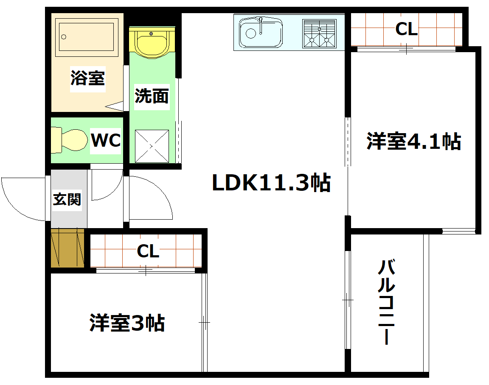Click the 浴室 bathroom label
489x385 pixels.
(x=87, y=78)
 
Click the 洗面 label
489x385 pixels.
(x=152, y=95)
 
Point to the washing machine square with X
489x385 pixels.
(x=152, y=146)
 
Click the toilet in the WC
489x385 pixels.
(x=68, y=140)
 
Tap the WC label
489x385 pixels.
(x=106, y=140)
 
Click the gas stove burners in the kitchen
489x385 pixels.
(x=319, y=33)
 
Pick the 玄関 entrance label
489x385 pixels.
(x=67, y=199)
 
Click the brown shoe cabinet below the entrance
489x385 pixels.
(x=67, y=248)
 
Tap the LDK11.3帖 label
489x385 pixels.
(x=271, y=183)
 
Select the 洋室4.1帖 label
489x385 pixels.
(x=413, y=142)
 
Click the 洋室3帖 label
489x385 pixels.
(x=127, y=324)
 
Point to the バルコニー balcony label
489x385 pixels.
(x=386, y=302)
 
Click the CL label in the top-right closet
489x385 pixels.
(x=406, y=29)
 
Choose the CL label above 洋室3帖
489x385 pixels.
(x=147, y=251)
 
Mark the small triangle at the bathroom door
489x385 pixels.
(x=115, y=106)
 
